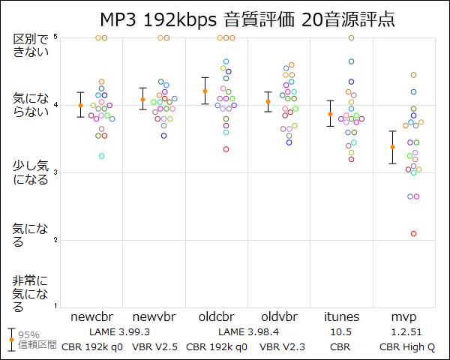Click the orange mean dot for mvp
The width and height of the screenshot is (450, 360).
pos(392,147)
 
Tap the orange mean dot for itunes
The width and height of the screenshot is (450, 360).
pos(329,114)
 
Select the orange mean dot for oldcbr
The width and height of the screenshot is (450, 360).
pos(205,91)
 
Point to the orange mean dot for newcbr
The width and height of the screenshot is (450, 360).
pos(80,105)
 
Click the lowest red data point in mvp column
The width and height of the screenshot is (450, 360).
pos(413,233)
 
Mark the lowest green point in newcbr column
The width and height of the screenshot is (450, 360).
pos(101,156)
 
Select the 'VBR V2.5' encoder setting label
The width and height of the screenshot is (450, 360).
pos(154,346)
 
